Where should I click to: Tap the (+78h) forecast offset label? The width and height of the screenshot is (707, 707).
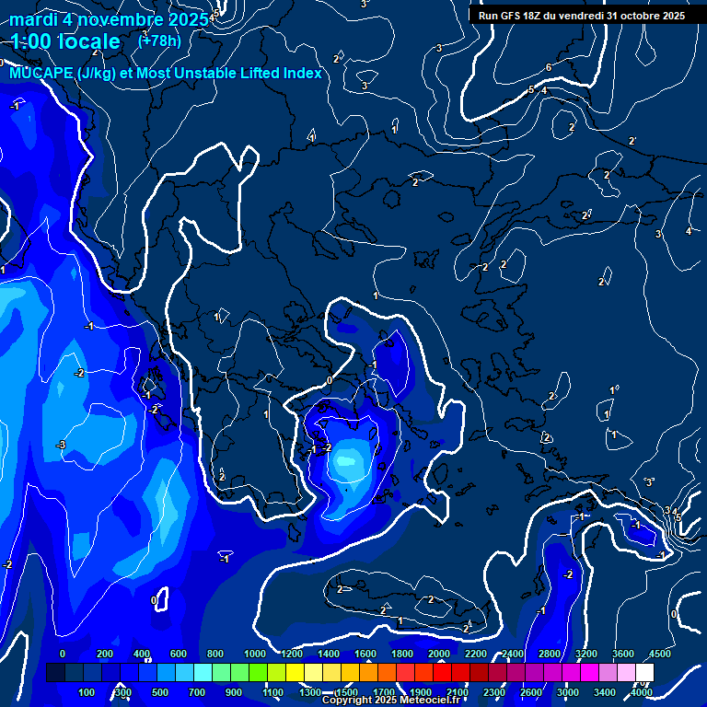point(158,41)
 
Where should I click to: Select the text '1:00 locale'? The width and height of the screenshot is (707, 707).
point(65,41)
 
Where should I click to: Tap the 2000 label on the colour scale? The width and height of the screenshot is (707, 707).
point(438,654)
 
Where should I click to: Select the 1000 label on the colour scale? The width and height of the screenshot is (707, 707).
point(254,654)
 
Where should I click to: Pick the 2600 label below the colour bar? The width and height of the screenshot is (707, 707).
point(531,692)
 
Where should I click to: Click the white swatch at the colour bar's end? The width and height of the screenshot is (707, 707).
point(644,673)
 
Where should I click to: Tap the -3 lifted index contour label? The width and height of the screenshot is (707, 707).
point(61,445)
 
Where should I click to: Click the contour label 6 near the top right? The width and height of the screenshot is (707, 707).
point(549,67)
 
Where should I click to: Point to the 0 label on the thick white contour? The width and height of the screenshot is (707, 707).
point(330,379)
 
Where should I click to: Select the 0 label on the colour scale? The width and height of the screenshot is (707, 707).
point(63,654)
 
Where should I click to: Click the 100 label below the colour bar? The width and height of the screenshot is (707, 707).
point(87,692)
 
